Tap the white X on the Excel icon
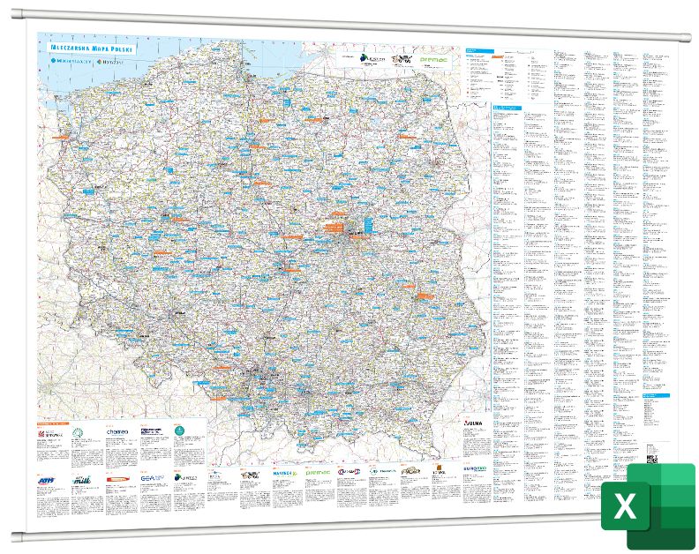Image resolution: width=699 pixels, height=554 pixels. (625, 506)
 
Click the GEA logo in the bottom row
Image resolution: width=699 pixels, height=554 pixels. (147, 478)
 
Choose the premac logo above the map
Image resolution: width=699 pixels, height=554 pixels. (434, 60)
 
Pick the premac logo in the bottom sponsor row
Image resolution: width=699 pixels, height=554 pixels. (317, 473)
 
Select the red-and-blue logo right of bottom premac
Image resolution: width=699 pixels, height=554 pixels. (347, 473)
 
